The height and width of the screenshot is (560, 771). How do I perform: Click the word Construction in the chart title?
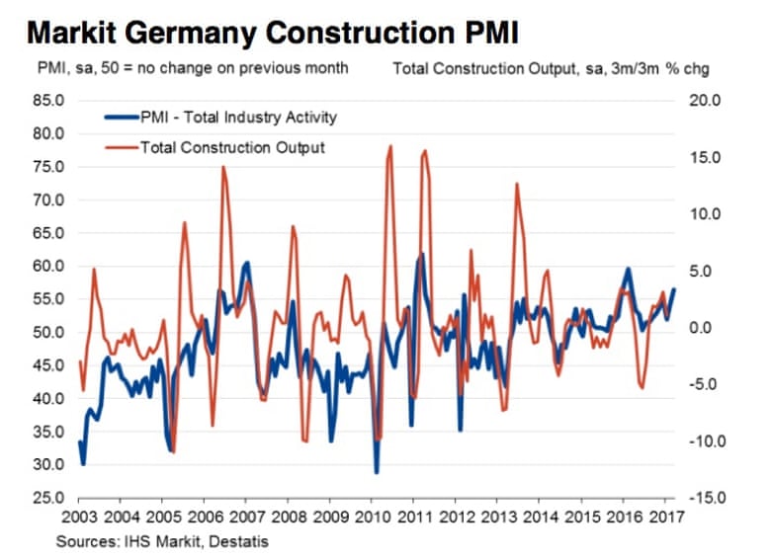365,34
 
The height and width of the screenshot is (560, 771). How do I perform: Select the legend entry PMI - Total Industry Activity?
237,118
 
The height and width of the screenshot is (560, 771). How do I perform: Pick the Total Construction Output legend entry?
233,148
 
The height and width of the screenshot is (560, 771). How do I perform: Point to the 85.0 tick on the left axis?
47,101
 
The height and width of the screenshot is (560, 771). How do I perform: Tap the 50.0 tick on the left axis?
47,333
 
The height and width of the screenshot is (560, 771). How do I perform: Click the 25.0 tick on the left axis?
47,498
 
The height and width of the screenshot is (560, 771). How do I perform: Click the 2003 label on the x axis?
78,518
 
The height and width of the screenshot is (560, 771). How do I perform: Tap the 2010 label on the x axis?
371,518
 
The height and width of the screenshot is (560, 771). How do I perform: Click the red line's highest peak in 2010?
390,146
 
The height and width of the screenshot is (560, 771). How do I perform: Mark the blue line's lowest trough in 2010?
377,472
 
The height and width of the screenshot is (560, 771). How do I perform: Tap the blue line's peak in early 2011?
422,254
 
